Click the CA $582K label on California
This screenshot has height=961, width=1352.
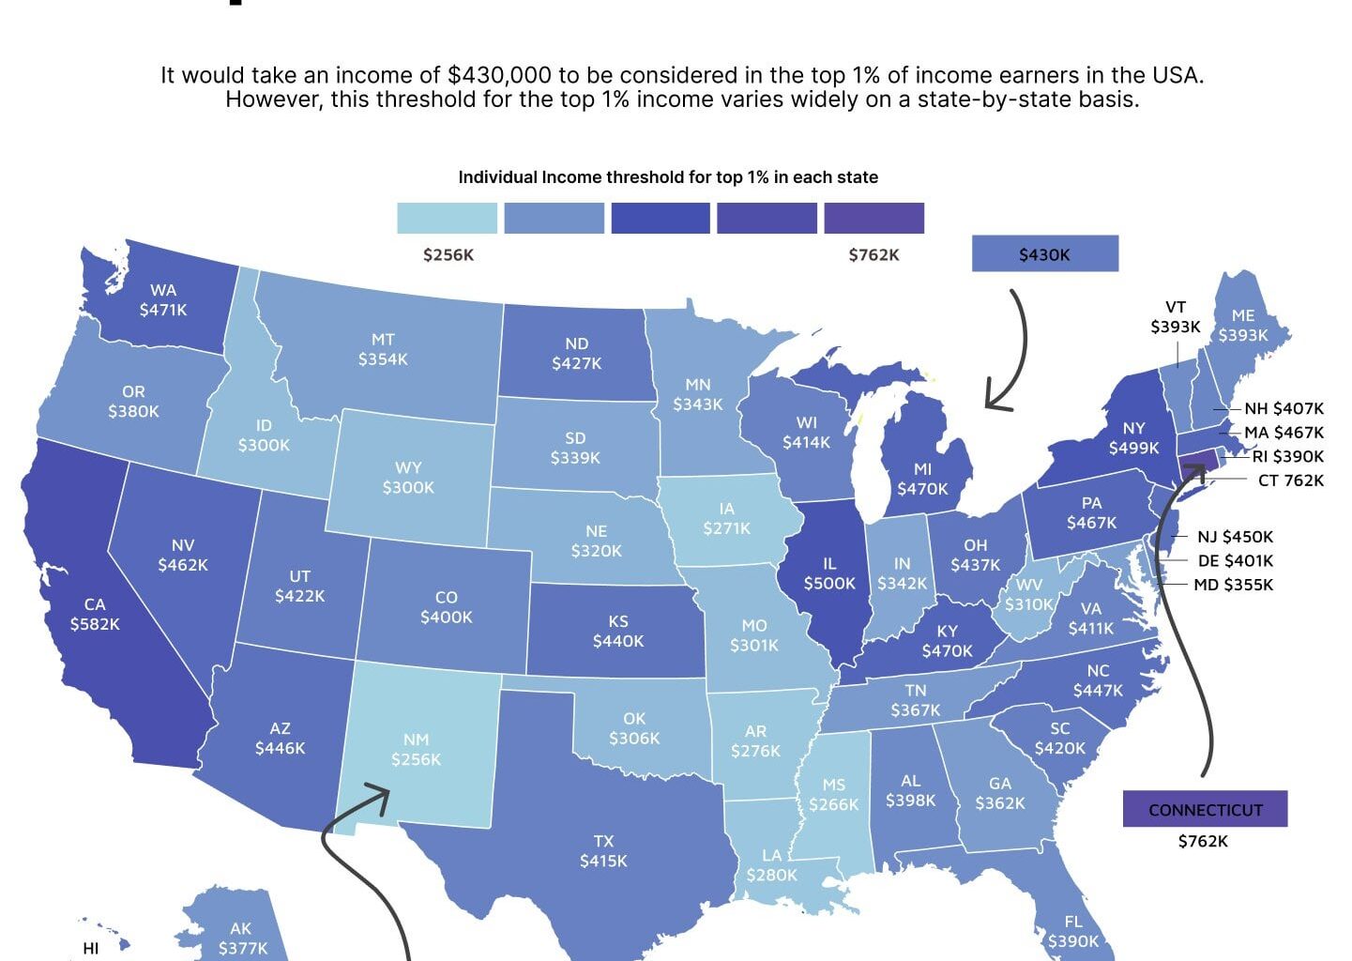(95, 614)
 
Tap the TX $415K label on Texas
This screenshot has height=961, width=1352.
(603, 851)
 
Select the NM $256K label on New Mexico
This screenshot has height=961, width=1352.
(416, 750)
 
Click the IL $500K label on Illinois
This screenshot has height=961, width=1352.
(829, 573)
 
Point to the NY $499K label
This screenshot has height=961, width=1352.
(1133, 438)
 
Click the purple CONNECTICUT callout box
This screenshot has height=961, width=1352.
(1205, 809)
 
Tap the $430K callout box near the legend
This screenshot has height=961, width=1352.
(1044, 254)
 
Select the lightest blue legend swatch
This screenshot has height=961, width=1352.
(447, 218)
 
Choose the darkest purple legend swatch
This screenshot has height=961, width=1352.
(873, 218)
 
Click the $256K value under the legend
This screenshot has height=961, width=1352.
(448, 255)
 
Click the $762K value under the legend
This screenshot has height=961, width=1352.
(873, 255)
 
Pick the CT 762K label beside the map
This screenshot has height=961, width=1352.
(1290, 480)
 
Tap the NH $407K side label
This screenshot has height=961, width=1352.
(1284, 409)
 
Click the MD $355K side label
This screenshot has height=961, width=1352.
(1233, 585)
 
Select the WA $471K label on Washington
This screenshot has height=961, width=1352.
(163, 299)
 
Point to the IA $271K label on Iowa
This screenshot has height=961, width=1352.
(727, 519)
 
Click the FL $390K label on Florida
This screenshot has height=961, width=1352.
(1073, 931)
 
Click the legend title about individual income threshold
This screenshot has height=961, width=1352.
(668, 177)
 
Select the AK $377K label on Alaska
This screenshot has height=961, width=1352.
(242, 938)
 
